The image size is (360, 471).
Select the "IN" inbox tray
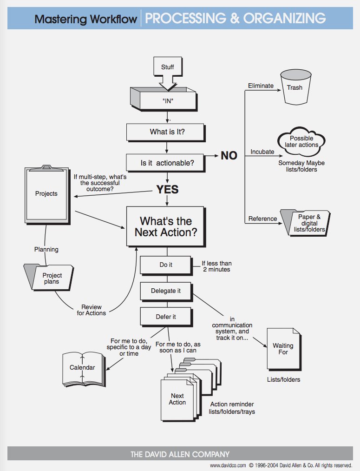[x=164, y=99]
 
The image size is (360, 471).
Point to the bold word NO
[x=229, y=156]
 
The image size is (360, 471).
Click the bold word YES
[x=167, y=189]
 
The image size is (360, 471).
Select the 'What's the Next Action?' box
[x=166, y=227]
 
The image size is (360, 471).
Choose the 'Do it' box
[x=166, y=265]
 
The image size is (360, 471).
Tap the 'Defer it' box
[x=166, y=317]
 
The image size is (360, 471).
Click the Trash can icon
[x=295, y=87]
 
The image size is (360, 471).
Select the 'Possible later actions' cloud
[x=301, y=141]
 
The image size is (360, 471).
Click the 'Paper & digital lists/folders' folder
[x=305, y=223]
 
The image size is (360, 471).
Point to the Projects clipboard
[x=47, y=195]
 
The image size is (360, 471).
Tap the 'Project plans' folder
[x=49, y=277]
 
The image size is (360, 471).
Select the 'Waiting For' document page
[x=284, y=349]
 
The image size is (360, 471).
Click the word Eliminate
[x=261, y=86]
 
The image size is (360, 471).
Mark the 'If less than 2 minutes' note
[x=216, y=266]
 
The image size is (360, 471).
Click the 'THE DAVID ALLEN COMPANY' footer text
[x=180, y=454]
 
